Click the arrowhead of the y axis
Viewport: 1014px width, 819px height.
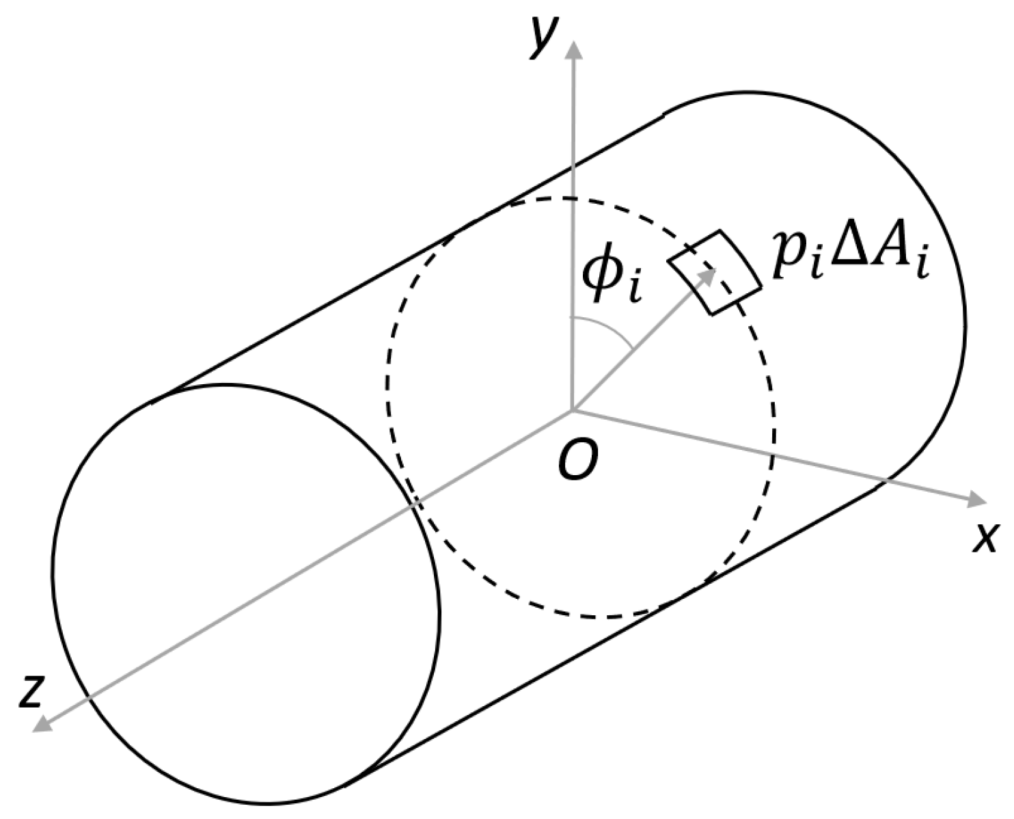tap(573, 49)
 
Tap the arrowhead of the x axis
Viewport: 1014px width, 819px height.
tap(978, 500)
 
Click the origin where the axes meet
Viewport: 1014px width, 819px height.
tap(573, 412)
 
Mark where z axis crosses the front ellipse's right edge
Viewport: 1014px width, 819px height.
tap(415, 505)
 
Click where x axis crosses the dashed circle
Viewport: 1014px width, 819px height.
tap(773, 453)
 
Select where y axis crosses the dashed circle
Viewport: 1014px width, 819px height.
tap(573, 198)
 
